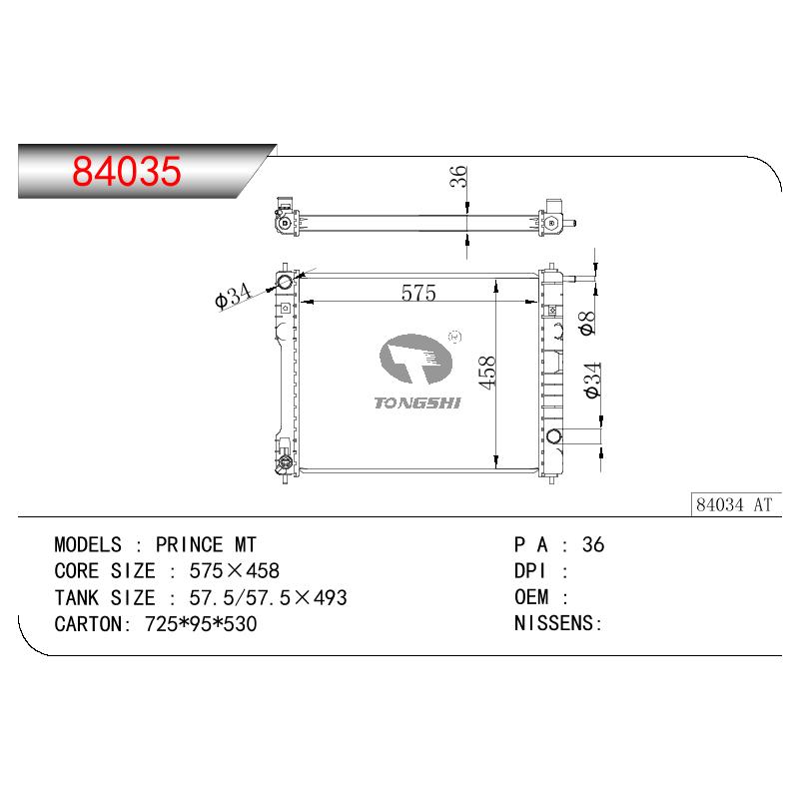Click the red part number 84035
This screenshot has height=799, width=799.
point(127,170)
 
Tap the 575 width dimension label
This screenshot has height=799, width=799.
point(418,293)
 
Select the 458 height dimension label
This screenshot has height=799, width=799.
point(487,373)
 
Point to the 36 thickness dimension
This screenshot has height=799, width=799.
point(458,177)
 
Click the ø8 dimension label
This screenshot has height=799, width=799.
point(587,323)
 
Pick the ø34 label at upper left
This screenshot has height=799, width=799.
point(234,296)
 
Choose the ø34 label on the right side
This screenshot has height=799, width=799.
point(593,381)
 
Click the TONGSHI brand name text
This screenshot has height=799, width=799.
point(417,402)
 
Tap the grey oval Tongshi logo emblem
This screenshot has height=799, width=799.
point(415,359)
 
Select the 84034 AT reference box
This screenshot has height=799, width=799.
point(736,504)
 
